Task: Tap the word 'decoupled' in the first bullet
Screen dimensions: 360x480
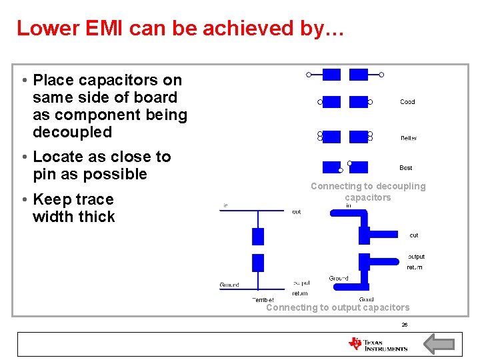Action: coord(72,132)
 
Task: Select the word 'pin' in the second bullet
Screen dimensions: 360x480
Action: coord(45,174)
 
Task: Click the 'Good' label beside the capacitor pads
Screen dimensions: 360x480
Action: coord(407,102)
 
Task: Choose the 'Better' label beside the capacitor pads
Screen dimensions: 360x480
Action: coord(409,138)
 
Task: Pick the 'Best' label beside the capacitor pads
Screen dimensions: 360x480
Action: coord(406,168)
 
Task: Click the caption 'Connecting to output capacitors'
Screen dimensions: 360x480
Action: coord(338,307)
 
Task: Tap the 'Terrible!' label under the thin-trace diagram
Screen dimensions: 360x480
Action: coord(263,300)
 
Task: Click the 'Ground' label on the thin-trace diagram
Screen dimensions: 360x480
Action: coord(229,285)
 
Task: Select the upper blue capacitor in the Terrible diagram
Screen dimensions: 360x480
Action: coord(258,236)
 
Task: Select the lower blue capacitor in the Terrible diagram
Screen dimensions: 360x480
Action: coord(258,263)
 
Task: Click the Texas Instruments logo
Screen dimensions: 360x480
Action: coord(378,344)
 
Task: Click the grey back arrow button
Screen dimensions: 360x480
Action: coord(439,344)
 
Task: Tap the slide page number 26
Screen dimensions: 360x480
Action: coord(404,325)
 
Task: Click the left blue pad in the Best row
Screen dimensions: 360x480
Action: coord(331,167)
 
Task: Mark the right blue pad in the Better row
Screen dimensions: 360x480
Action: coord(359,137)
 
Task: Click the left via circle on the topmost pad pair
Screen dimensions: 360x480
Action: coord(309,75)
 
